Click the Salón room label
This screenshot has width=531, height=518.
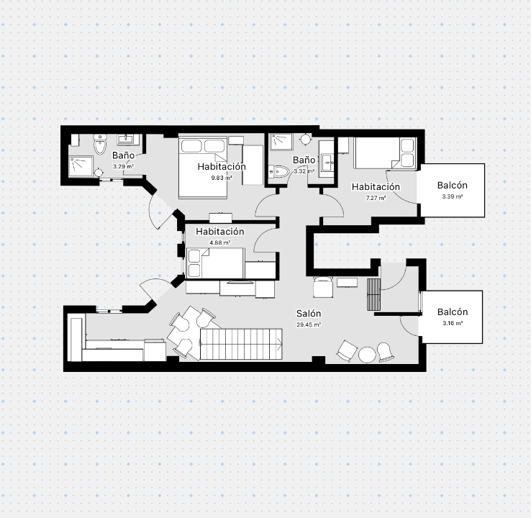(x=309, y=314)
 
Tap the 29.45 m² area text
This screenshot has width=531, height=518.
(x=309, y=324)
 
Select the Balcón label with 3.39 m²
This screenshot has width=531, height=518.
(x=453, y=185)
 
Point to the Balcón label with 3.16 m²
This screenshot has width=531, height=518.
(x=453, y=312)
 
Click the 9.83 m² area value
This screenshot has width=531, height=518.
(x=222, y=178)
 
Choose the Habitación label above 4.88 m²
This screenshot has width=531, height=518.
(x=219, y=232)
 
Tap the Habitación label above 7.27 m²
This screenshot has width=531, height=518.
(x=376, y=187)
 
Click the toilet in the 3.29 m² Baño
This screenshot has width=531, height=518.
(x=100, y=144)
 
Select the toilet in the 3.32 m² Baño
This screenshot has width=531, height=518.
(x=278, y=172)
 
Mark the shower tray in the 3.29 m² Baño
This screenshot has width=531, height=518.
(x=81, y=166)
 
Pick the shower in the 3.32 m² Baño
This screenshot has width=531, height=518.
(x=281, y=142)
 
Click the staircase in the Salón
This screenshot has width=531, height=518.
(x=241, y=344)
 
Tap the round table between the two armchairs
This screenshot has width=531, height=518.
(x=367, y=355)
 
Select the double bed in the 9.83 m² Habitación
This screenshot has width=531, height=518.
(x=203, y=168)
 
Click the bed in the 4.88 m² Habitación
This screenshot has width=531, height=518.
(x=215, y=263)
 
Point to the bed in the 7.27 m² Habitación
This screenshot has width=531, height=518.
(x=385, y=153)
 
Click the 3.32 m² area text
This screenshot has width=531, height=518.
(x=304, y=171)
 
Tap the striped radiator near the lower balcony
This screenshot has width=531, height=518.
(x=373, y=294)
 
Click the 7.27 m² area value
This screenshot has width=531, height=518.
(x=376, y=198)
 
